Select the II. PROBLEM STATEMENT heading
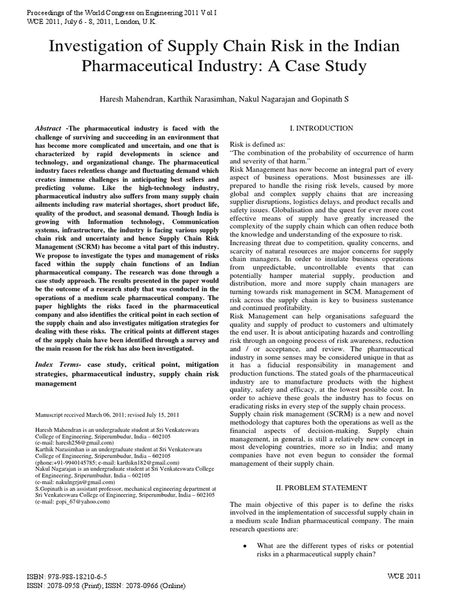[322, 488]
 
